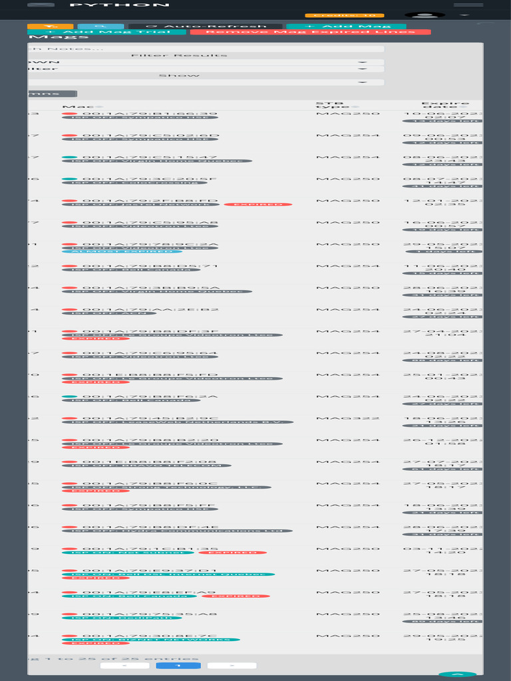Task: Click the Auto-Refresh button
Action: [x=207, y=27]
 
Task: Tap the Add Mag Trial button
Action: [x=107, y=32]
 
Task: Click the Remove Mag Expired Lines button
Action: [x=310, y=32]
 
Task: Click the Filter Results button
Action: [x=179, y=55]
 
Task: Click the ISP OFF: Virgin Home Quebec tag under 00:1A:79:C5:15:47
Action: [x=156, y=161]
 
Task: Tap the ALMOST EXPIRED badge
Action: [x=122, y=251]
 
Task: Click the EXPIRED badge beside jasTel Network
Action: [x=257, y=204]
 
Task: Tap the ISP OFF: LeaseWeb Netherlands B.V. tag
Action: [x=177, y=422]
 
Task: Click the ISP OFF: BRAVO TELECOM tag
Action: [x=146, y=466]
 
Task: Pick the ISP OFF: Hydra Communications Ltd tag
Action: [x=177, y=531]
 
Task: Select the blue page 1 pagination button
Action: [x=178, y=665]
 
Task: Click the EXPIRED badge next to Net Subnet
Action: [x=233, y=553]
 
